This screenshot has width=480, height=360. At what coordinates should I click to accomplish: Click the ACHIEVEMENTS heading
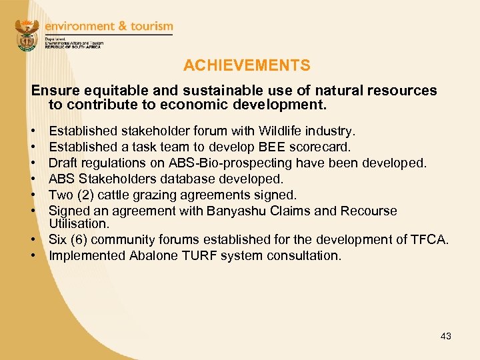(247, 65)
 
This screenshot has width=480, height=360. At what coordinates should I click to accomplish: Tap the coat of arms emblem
(27, 35)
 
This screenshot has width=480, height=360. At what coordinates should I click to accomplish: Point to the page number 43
(445, 336)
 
